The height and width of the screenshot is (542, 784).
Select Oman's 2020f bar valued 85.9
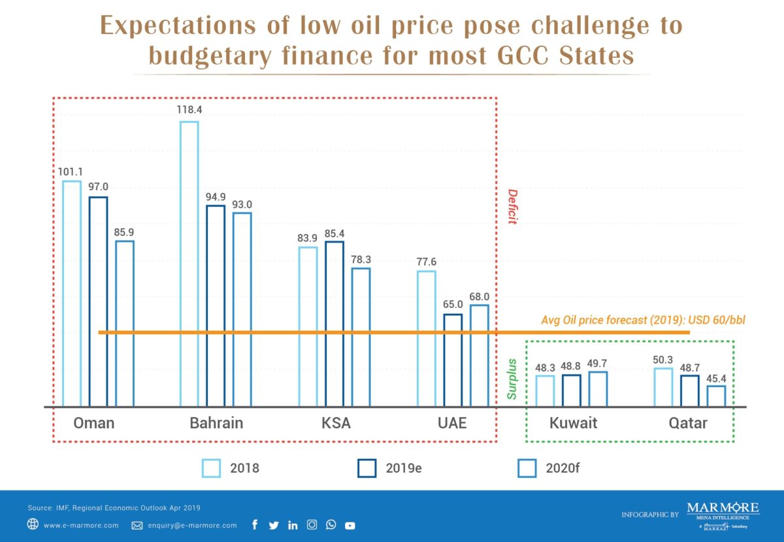point(125,323)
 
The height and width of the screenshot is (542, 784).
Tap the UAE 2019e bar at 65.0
point(453,360)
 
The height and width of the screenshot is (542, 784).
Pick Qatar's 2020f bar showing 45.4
point(716,396)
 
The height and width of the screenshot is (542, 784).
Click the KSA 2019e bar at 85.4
point(335,324)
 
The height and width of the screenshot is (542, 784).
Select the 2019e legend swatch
point(367,468)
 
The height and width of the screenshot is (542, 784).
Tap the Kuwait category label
point(572,423)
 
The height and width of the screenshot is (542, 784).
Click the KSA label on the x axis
point(336,423)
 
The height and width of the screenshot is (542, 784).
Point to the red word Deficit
point(512,207)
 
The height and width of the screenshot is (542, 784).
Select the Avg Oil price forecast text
point(643,320)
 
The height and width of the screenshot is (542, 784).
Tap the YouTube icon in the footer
point(350,525)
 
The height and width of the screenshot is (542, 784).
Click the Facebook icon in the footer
point(255,525)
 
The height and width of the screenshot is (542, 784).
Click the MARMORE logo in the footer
point(723,508)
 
